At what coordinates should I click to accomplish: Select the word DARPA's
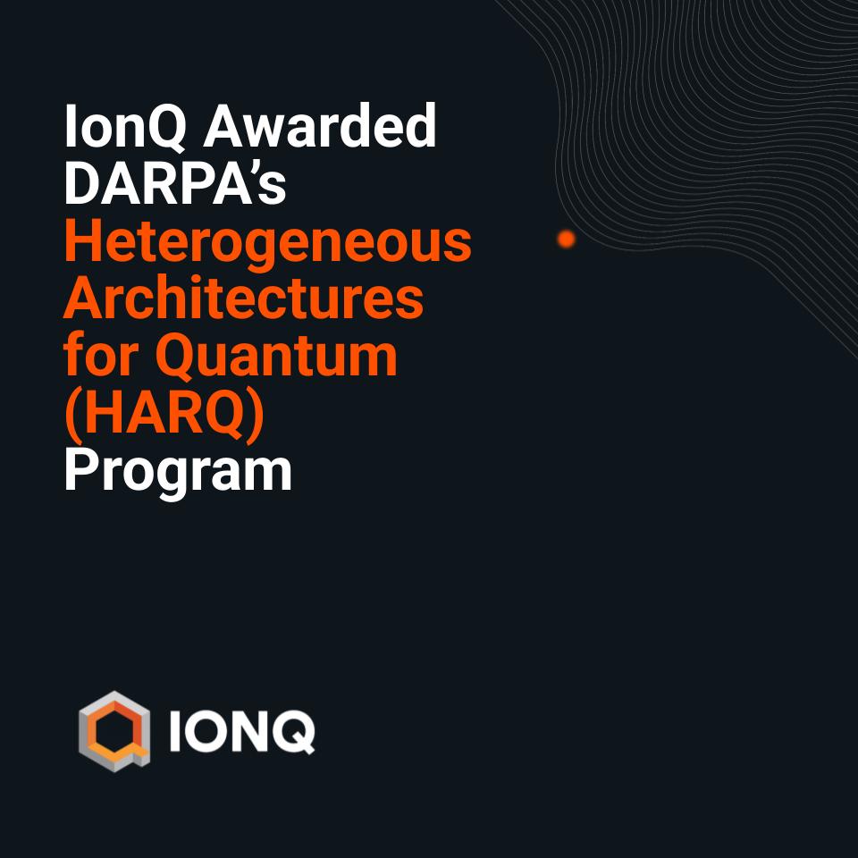[x=175, y=186]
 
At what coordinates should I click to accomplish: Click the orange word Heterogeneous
[x=267, y=243]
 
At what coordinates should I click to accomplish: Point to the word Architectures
[x=243, y=299]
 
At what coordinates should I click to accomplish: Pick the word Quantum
[x=277, y=357]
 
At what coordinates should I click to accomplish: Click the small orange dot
[x=566, y=239]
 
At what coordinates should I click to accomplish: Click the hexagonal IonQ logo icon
[x=114, y=731]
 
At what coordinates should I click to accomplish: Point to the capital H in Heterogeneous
[x=80, y=243]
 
